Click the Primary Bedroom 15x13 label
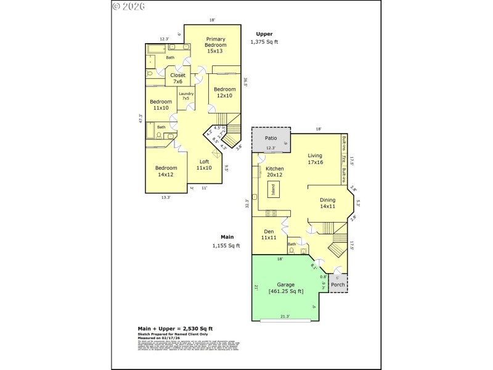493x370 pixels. tap(215, 45)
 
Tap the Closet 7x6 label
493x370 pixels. tap(178, 78)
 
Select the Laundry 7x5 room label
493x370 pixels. tap(186, 96)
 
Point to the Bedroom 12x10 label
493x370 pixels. tap(224, 92)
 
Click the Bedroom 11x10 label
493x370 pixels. tap(161, 105)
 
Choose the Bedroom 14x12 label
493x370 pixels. tap(166, 171)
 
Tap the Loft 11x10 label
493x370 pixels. tap(204, 165)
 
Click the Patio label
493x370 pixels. tap(270, 139)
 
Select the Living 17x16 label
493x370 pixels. tap(316, 159)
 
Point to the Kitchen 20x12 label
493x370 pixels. tap(274, 172)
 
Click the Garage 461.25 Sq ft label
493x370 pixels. tap(286, 288)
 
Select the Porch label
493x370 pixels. tap(338, 285)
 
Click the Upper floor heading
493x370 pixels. tap(264, 34)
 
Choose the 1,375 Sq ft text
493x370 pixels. tap(264, 42)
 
